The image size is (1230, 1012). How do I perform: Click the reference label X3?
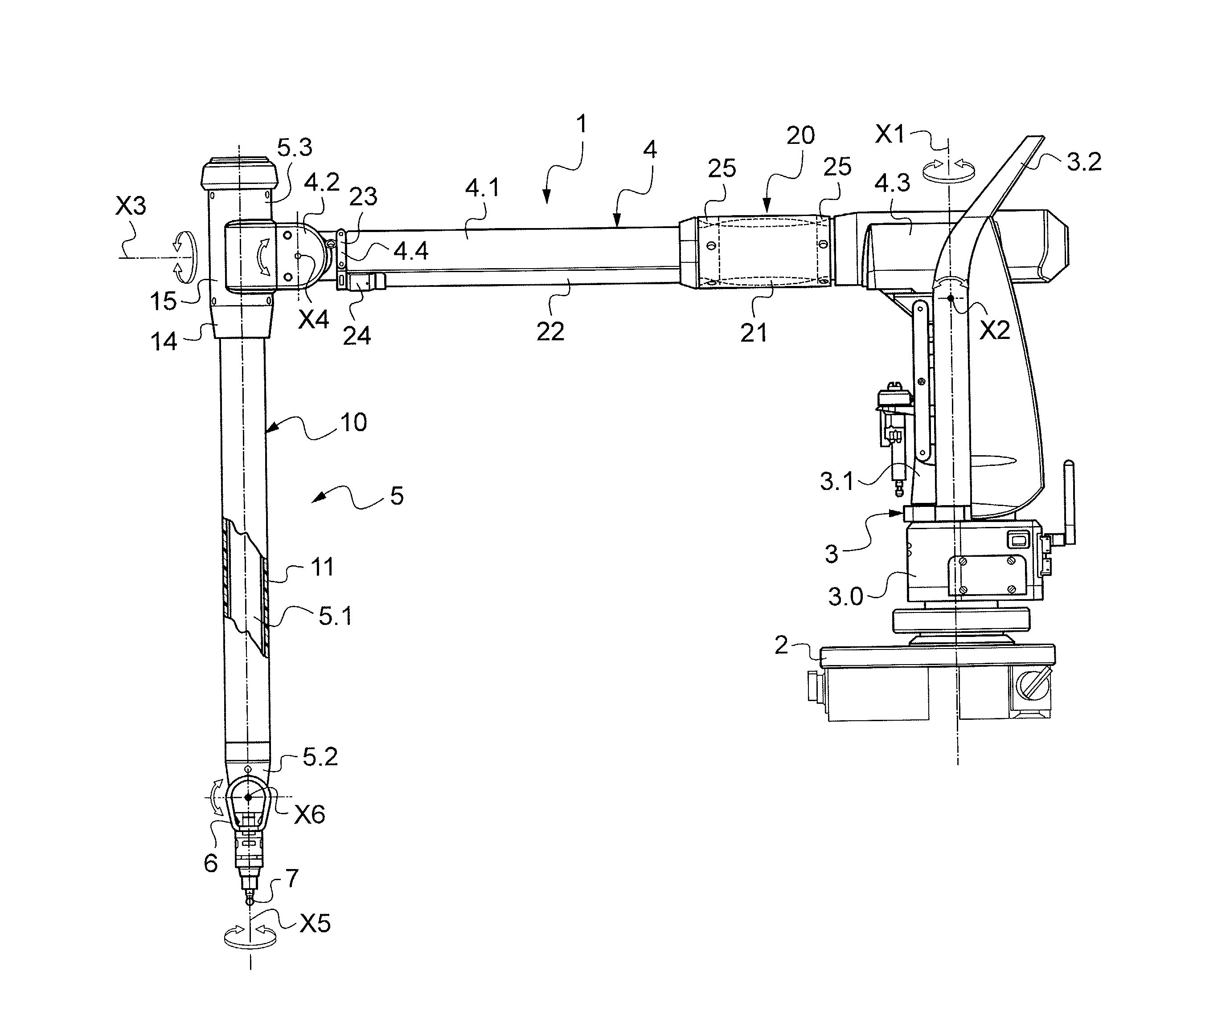pyautogui.click(x=130, y=206)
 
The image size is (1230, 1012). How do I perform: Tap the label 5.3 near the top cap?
pyautogui.click(x=294, y=148)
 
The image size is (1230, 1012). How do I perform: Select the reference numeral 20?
pyautogui.click(x=800, y=136)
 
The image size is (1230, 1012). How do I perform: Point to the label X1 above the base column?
pyautogui.click(x=890, y=135)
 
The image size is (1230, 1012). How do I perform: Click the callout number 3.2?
pyautogui.click(x=1084, y=162)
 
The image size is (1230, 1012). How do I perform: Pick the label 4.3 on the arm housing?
pyautogui.click(x=892, y=183)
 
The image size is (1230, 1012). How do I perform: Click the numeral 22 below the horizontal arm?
pyautogui.click(x=550, y=332)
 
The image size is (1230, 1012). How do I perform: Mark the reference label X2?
pyautogui.click(x=994, y=331)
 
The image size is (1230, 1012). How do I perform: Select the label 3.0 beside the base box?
pyautogui.click(x=845, y=597)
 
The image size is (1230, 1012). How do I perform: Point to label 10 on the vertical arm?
pyautogui.click(x=353, y=423)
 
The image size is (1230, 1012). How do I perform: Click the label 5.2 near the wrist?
pyautogui.click(x=320, y=757)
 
